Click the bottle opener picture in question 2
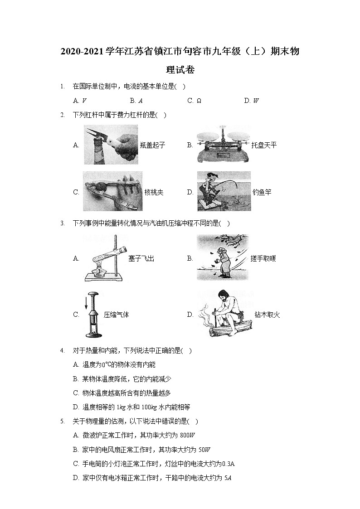coord(111,145)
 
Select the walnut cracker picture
coord(112,192)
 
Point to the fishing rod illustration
coord(224,191)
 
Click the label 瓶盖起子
coord(153,145)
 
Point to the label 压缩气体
coord(116,315)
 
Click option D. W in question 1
coord(251,101)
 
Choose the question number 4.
coord(62,350)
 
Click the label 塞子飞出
coord(141,258)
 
